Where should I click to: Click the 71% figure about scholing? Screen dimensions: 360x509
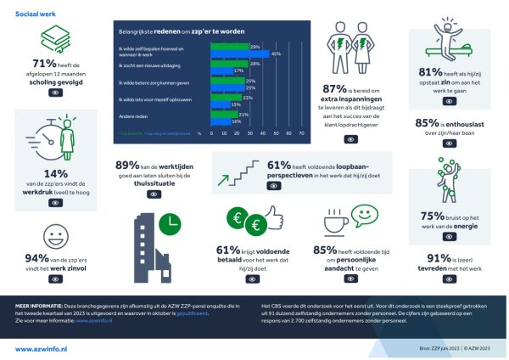[42, 64]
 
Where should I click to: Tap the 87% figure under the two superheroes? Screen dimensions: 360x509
[334, 87]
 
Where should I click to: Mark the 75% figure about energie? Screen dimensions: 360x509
[431, 216]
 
